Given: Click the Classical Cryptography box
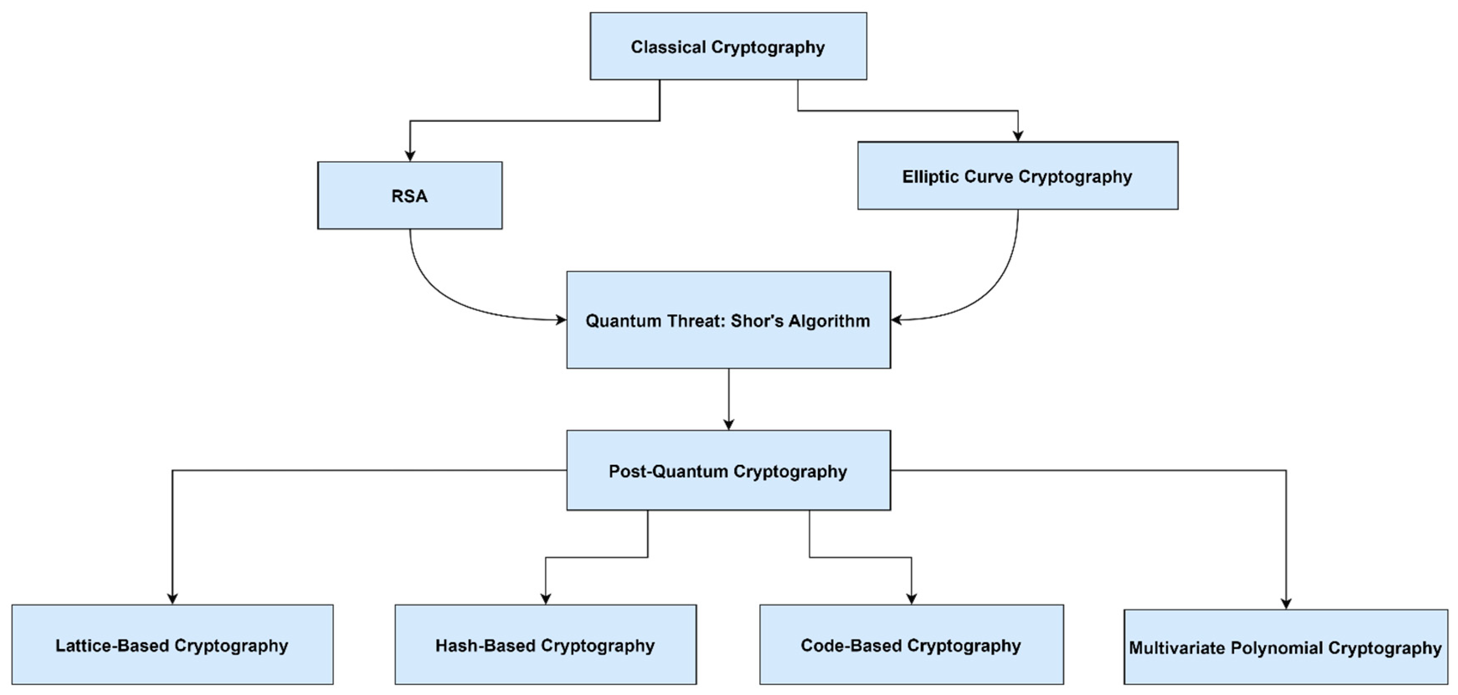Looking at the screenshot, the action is (728, 46).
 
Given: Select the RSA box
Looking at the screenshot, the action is (409, 196).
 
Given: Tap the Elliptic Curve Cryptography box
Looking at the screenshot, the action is (1017, 176).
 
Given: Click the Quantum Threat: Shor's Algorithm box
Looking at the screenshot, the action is (728, 321).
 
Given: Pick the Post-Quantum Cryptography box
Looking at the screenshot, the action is (728, 471).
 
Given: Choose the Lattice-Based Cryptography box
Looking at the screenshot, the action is (172, 645).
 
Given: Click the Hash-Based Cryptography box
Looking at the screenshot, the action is (545, 645).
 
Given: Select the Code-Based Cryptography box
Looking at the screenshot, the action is (911, 645).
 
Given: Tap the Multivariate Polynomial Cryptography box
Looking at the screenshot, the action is (1285, 647).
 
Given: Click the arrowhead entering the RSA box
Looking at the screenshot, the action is (410, 156).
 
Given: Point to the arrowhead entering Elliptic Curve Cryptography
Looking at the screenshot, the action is (1018, 136).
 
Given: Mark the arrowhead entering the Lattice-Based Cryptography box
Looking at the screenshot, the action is (172, 598).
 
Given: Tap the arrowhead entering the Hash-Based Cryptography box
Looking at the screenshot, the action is (545, 598).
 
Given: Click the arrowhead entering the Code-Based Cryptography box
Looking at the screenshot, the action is (911, 598).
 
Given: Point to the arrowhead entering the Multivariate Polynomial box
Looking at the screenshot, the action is (1286, 603).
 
